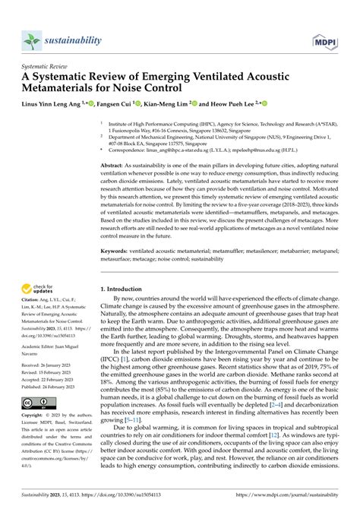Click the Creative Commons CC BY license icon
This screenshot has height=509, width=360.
(x=36, y=401)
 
